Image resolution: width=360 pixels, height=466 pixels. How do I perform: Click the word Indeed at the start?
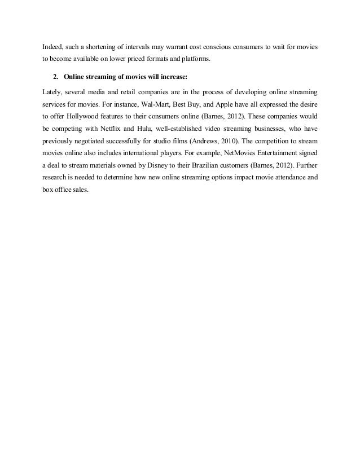point(54,46)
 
